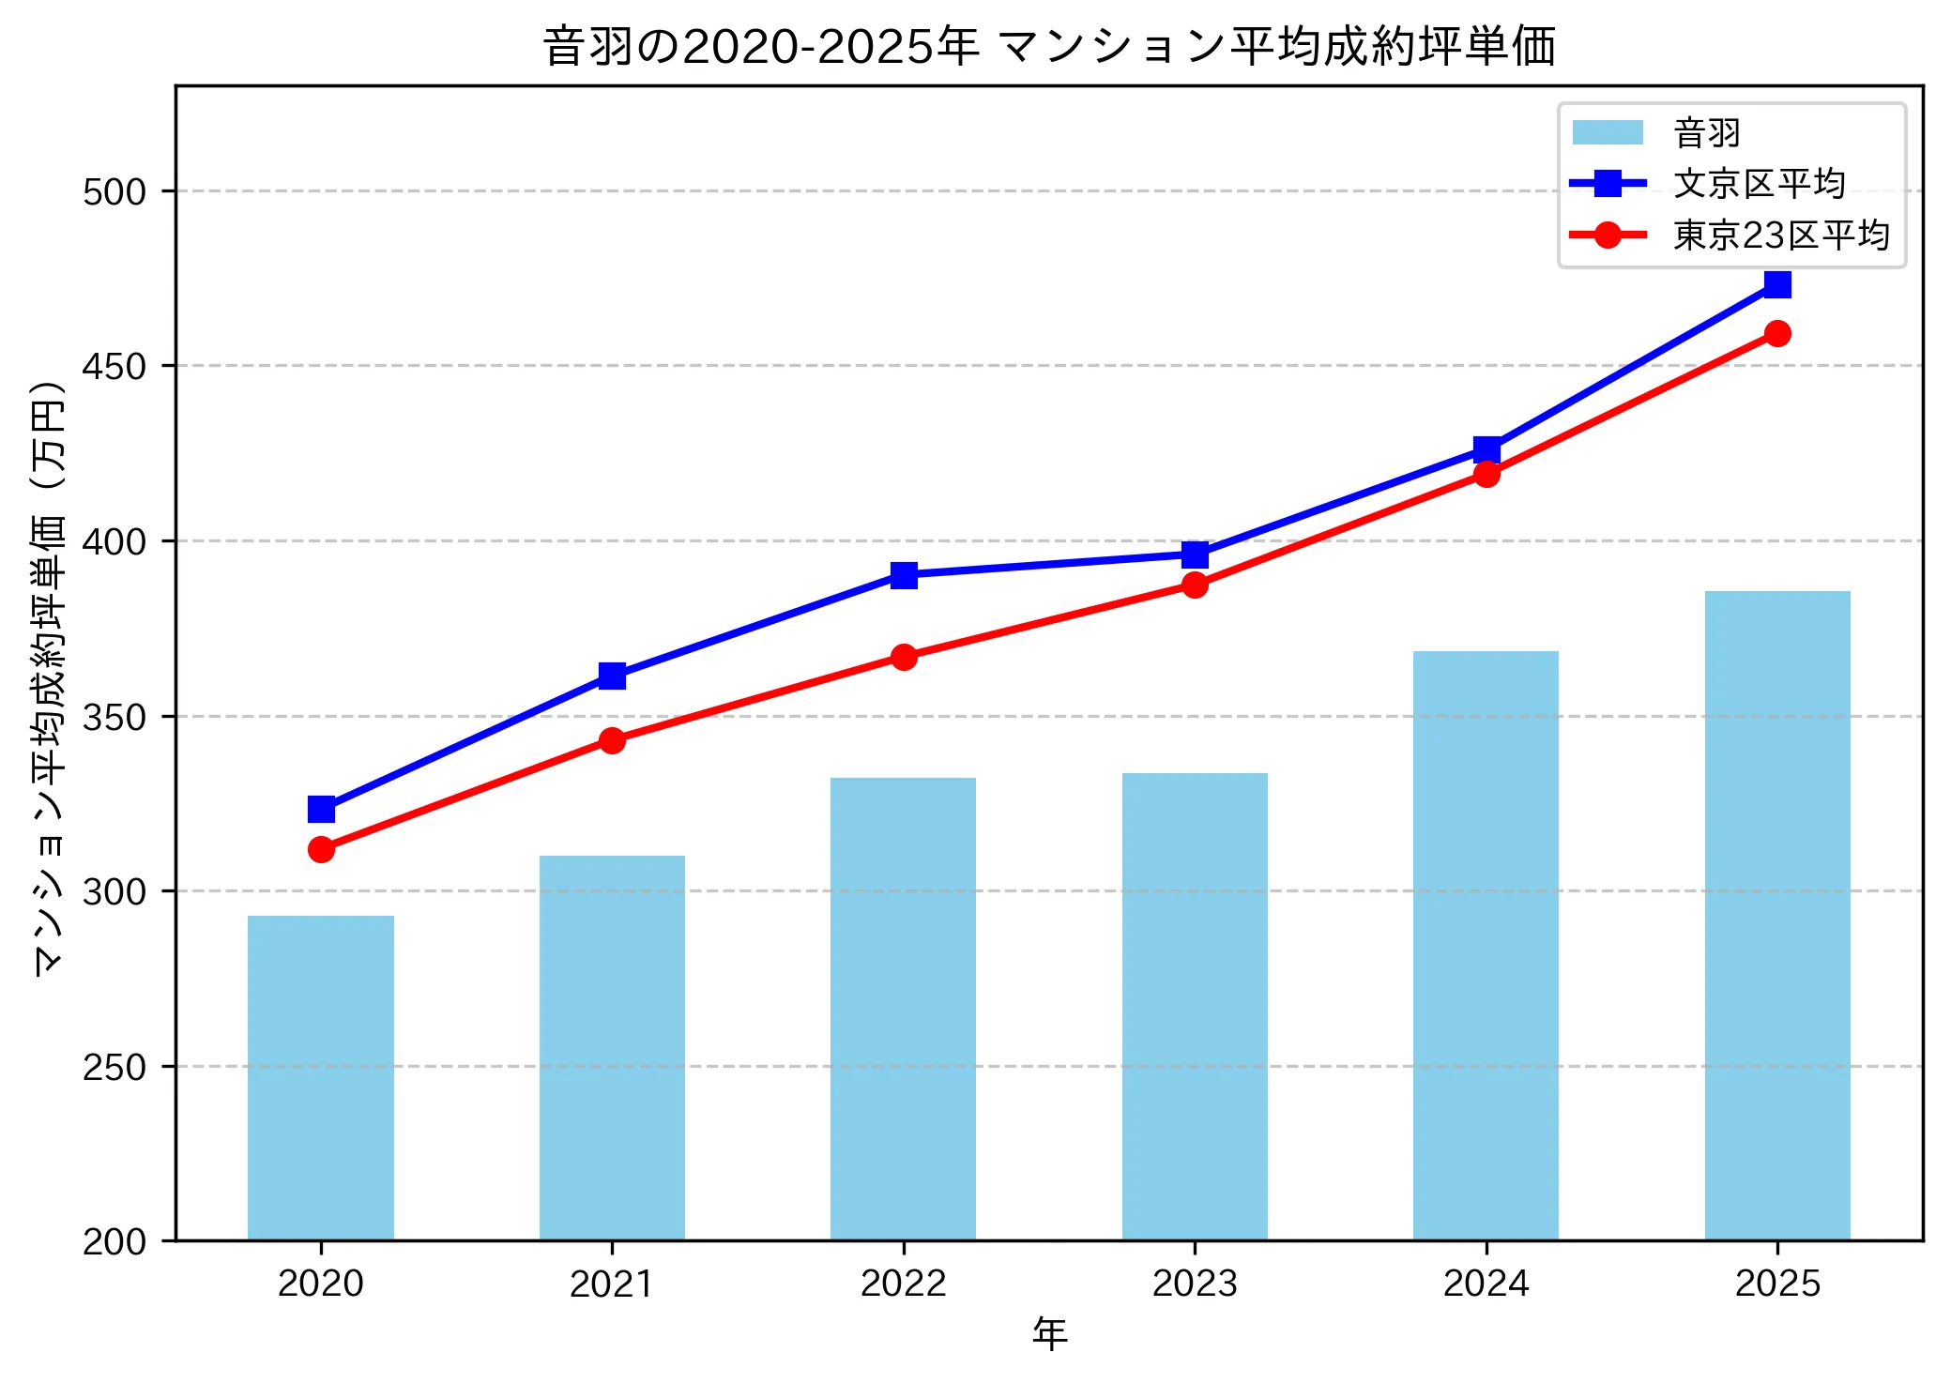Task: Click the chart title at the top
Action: (x=1049, y=47)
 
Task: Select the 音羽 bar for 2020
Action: (x=321, y=1078)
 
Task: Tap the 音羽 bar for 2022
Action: (x=903, y=1009)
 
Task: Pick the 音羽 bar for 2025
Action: (x=1777, y=916)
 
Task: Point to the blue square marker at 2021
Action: (x=612, y=676)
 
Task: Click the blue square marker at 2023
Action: (x=1195, y=555)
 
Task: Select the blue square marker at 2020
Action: (x=321, y=809)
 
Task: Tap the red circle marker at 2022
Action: (x=904, y=657)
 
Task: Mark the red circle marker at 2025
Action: (x=1777, y=333)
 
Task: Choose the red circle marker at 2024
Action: (x=1486, y=474)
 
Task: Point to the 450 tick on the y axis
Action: (x=114, y=366)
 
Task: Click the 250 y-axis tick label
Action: (x=114, y=1067)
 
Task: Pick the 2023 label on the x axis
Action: (x=1195, y=1284)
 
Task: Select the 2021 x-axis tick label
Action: (x=612, y=1284)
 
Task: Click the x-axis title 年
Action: (x=1049, y=1334)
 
